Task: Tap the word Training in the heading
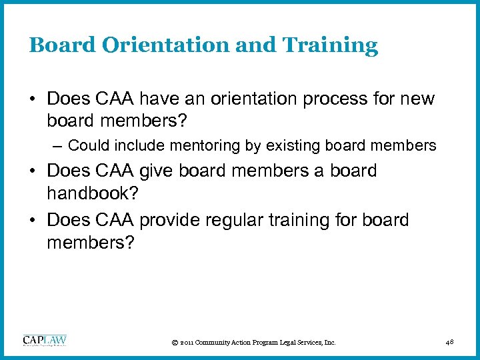pos(332,45)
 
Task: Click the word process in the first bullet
pos(332,100)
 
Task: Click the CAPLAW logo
pos(45,341)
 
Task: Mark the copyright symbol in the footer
pos(174,343)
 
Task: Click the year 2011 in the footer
pos(186,343)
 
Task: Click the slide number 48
pos(449,342)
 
